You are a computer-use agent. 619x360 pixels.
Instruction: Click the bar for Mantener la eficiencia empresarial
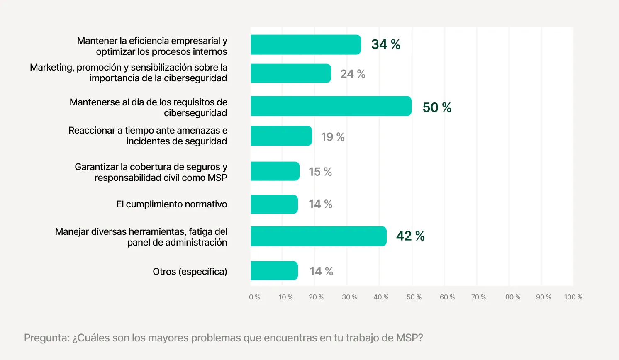point(305,45)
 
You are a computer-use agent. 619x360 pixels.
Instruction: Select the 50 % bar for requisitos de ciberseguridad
point(331,106)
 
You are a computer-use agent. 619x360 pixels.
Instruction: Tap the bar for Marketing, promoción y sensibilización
point(290,73)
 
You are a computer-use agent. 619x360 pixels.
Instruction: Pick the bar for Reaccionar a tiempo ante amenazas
point(281,136)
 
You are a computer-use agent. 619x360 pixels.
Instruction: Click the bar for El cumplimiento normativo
point(274,204)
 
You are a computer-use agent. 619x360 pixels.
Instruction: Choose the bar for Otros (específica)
point(274,271)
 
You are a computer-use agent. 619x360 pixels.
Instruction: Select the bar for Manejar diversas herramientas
point(318,236)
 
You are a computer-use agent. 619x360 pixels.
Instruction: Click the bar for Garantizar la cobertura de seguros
point(275,171)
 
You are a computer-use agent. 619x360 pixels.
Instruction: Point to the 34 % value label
point(385,44)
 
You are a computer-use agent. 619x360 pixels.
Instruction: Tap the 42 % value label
point(410,236)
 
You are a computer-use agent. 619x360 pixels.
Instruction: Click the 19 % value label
point(333,137)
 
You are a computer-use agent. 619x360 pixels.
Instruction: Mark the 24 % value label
point(353,74)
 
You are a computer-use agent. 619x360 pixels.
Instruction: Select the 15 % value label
point(320,172)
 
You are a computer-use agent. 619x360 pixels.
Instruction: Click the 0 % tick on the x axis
point(254,297)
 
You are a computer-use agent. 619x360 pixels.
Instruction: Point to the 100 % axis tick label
point(573,297)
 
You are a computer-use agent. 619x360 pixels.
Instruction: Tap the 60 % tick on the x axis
point(447,297)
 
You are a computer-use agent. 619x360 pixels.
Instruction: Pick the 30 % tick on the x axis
point(349,297)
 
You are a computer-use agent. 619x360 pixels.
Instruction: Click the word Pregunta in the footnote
point(46,338)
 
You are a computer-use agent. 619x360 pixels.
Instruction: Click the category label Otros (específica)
point(190,272)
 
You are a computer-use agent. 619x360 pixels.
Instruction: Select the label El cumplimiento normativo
point(171,204)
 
